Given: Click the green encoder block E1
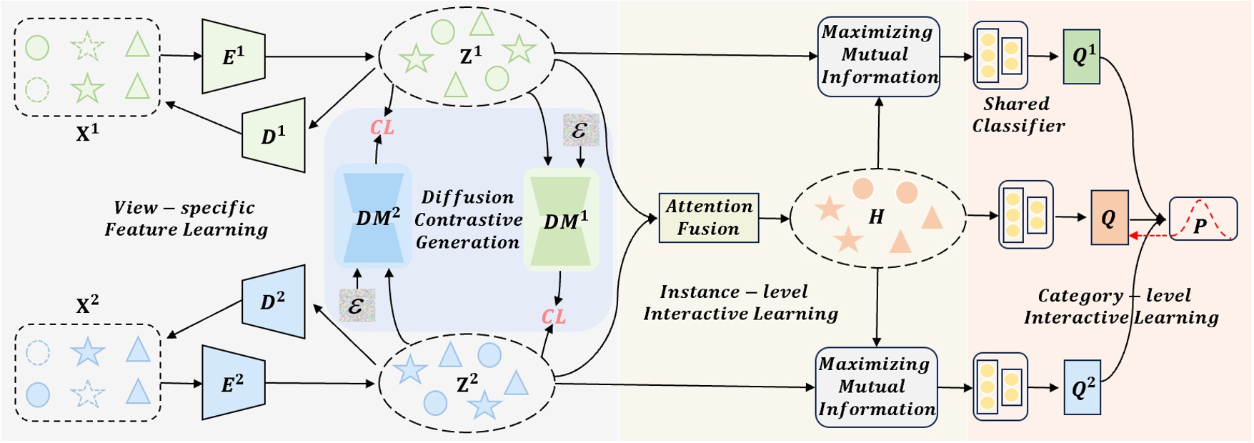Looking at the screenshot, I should pos(234,56).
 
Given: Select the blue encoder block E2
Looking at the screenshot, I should pos(234,384).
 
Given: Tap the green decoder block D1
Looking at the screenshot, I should pos(274,135).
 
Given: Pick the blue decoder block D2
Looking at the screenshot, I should pos(274,302).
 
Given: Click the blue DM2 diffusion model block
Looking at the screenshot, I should pos(373,217).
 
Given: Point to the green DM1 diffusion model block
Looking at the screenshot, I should pos(562,220).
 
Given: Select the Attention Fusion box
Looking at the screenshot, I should pos(708,217).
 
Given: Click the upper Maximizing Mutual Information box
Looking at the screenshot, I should pos(878,56).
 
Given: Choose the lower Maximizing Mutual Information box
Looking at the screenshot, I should pos(876,387).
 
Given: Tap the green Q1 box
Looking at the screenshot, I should pos(1081,56).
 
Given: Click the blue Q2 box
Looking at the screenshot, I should pos(1082,388).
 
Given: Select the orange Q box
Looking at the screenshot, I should pos(1109,217).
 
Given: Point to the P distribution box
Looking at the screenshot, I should pos(1203,219).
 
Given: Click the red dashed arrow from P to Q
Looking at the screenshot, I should pos(1150,236).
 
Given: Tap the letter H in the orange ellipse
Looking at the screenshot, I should pos(876,217).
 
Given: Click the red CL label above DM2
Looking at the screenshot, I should pos(382,127).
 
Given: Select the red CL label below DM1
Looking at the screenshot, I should pos(554,316).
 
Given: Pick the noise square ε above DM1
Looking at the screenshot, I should pos(579,130).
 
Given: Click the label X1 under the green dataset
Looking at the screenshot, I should pos(86,133).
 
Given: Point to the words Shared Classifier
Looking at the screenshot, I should pos(1017,115).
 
